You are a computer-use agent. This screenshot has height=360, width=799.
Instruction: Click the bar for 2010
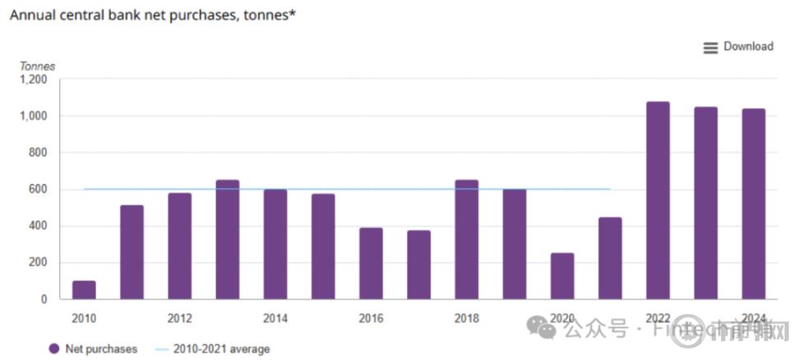coord(84,289)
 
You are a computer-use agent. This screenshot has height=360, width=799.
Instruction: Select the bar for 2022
coord(658,201)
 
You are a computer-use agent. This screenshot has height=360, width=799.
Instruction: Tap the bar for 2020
coord(562,276)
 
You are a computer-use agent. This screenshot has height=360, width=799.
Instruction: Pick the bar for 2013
coord(228,239)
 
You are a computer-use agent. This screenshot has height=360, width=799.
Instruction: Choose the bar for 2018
coord(466,239)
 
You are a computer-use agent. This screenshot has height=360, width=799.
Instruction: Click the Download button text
coord(748,47)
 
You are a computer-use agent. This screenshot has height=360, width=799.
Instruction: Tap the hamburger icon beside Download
coord(711,48)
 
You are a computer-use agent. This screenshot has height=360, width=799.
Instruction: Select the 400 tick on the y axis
coord(38,226)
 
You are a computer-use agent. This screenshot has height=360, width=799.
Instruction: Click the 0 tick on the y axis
coord(44,299)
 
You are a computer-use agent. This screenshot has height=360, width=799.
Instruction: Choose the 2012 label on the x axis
coord(179,318)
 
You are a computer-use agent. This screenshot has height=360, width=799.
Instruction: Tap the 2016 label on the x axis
coord(371,318)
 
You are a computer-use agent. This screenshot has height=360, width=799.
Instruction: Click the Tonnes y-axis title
coord(37,66)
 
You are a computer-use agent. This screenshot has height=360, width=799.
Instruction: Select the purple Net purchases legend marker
coord(54,348)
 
